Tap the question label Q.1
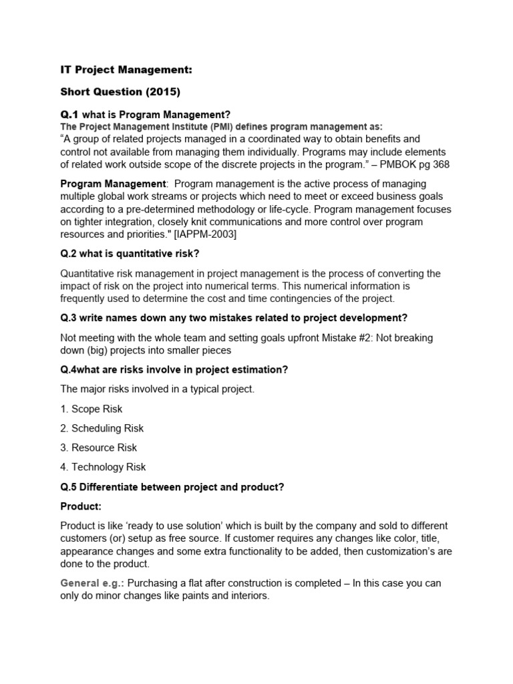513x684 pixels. tap(69, 115)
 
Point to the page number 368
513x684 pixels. tap(429, 164)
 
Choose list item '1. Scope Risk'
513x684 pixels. tap(92, 409)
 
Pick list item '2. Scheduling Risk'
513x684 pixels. tap(102, 428)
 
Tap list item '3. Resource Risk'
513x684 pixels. tap(99, 448)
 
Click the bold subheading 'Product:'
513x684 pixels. tap(81, 506)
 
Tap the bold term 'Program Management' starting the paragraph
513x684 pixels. tap(113, 184)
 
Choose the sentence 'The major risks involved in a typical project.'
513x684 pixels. tap(157, 389)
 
